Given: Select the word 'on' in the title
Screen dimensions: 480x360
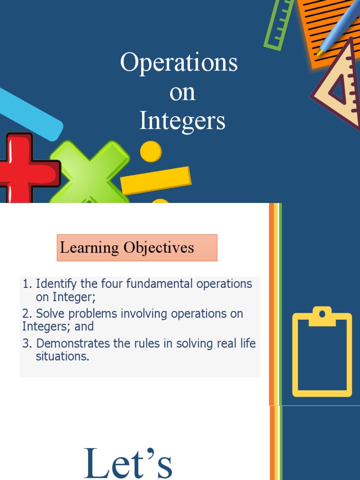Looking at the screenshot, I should (182, 92).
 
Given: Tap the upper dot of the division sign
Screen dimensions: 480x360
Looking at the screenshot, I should (150, 151).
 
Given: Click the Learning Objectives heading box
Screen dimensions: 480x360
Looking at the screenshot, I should (137, 247).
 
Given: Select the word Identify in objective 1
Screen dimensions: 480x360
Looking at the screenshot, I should (55, 284).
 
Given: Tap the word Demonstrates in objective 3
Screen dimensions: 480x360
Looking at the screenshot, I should (73, 343).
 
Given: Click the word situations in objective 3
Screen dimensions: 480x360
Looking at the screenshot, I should (62, 356).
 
